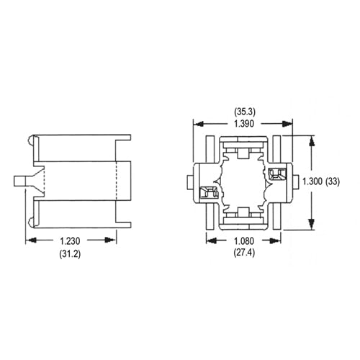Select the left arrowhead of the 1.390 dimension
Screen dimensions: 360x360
197,124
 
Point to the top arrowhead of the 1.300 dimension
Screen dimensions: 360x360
311,139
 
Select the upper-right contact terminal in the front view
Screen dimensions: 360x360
274,174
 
